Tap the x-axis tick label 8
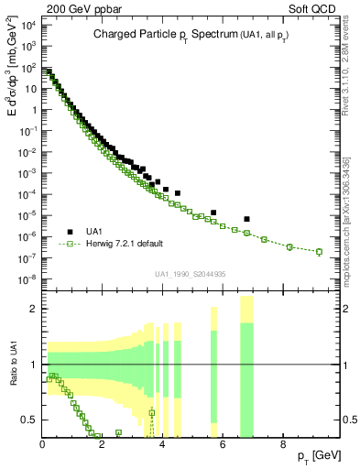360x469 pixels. (x=282, y=444)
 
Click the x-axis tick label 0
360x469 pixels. (x=43, y=444)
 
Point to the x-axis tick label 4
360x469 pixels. (x=162, y=444)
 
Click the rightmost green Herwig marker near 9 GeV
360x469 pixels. (x=319, y=252)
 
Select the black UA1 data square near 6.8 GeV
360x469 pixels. (x=246, y=219)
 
